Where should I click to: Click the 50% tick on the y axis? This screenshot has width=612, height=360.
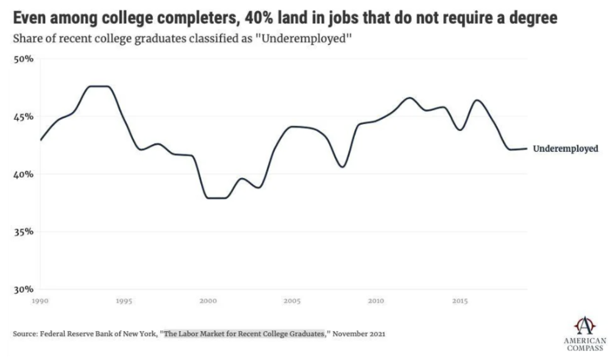[x=23, y=59]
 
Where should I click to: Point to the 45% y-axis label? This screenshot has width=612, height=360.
[x=23, y=117]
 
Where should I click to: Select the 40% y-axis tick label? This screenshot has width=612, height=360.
[x=23, y=174]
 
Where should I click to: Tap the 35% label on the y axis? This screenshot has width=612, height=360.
[x=23, y=232]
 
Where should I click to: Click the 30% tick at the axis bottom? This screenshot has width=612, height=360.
[x=23, y=289]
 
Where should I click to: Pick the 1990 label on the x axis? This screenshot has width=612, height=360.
[x=40, y=301]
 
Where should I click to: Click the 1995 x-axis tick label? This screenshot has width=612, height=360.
[x=124, y=301]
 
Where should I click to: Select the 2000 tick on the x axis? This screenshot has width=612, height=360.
[x=208, y=301]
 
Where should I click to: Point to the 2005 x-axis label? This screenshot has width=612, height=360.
[x=292, y=301]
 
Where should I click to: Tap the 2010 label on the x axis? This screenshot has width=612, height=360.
[x=376, y=301]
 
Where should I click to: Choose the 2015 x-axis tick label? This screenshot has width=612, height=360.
[x=460, y=301]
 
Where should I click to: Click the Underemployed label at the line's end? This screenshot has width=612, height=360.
[x=565, y=149]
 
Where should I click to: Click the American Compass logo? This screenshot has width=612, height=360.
[x=584, y=334]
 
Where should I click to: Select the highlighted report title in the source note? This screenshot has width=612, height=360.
[x=244, y=334]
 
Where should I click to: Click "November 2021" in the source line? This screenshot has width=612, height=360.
[x=359, y=334]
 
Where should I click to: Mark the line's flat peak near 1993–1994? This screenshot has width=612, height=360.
[x=99, y=86]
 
